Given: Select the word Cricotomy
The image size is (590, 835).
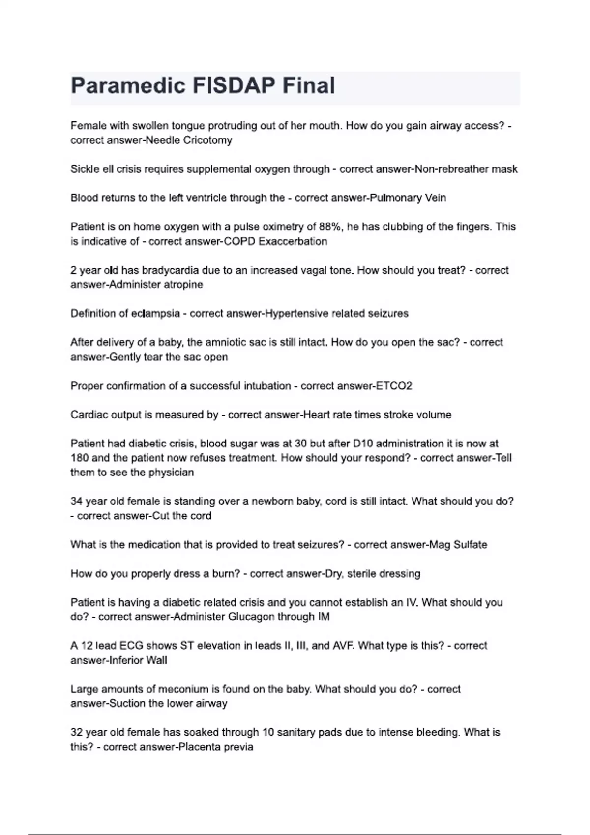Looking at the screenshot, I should (x=207, y=140).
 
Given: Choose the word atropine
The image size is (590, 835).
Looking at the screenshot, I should (x=183, y=285).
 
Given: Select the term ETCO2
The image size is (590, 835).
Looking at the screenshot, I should (x=394, y=386).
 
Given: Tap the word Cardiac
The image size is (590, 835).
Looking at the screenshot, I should (x=88, y=415).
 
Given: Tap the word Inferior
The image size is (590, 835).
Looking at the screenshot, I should (x=124, y=661).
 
